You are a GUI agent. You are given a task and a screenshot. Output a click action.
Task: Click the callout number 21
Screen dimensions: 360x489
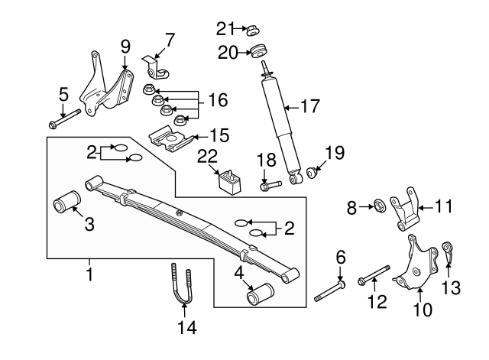[223, 29]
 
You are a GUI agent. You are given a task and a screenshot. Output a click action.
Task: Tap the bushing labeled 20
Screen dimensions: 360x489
[257, 53]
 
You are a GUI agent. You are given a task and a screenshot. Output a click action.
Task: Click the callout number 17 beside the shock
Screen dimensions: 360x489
[309, 106]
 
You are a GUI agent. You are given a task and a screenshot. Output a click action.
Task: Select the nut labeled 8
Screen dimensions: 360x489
[377, 206]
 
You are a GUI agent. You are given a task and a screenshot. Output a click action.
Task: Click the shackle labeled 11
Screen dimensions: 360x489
[405, 209]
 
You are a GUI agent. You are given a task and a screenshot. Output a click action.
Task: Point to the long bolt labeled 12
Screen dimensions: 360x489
[374, 274]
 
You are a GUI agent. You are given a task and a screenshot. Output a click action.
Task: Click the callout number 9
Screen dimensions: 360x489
[125, 45]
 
